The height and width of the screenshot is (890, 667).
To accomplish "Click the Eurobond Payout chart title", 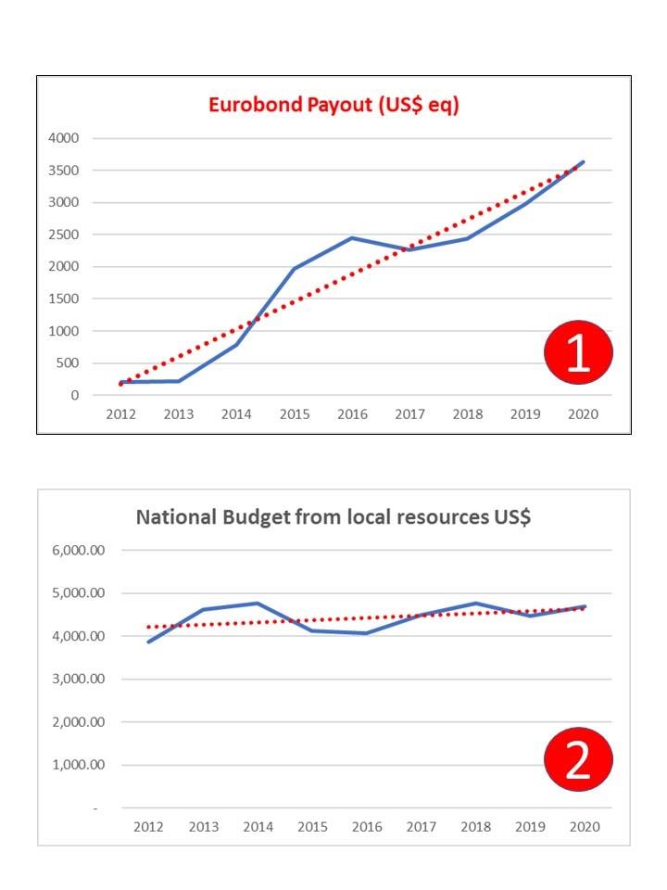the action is coord(333,105).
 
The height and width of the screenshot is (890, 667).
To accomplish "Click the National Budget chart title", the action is coord(333,517).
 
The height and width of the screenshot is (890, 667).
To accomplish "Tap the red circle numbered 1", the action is coord(578,352).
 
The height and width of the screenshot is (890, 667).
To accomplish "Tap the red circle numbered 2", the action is coord(578,759).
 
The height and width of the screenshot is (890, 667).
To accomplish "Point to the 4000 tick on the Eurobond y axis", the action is coord(64,138).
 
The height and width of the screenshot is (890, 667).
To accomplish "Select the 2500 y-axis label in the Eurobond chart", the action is coord(64,235).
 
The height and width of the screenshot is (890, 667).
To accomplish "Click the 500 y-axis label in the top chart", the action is coord(68,362).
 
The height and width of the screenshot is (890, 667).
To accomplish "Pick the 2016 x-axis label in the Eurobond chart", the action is coord(352,414).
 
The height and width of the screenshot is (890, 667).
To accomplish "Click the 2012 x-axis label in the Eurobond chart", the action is coord(120,414).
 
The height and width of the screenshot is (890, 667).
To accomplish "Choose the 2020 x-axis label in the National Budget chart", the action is coord(585,827).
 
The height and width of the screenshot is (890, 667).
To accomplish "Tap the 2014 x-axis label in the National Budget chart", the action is coord(258,827).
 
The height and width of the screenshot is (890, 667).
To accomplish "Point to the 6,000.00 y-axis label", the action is coord(79,550).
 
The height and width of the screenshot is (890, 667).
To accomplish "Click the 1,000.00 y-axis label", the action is coord(79,765).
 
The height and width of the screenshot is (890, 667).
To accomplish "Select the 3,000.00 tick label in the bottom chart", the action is coord(79,679).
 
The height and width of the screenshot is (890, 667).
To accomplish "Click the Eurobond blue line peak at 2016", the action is coord(352,238).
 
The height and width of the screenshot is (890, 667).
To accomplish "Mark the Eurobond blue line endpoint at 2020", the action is coord(583,162).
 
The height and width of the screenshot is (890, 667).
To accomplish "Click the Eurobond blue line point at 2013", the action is coord(179,381).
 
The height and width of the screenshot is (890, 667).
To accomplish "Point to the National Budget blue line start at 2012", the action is coord(148,642).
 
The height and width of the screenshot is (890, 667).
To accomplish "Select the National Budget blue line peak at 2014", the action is coord(258,603).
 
